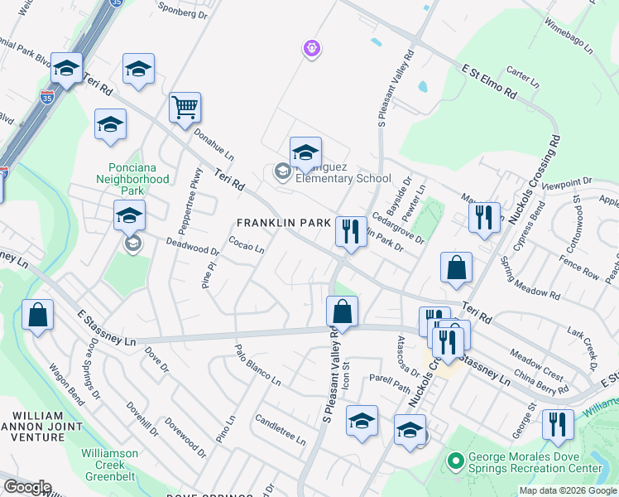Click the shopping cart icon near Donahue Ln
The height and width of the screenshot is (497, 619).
[185, 107]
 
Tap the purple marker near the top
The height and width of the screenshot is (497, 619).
[311, 50]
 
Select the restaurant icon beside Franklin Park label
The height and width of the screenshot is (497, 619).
[351, 231]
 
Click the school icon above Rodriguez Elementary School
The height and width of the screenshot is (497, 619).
[305, 152]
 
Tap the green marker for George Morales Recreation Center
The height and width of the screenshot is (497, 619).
[453, 461]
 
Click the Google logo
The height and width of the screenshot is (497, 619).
[27, 487]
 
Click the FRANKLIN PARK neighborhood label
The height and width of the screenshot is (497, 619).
[284, 223]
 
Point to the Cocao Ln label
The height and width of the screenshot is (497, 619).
[246, 246]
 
